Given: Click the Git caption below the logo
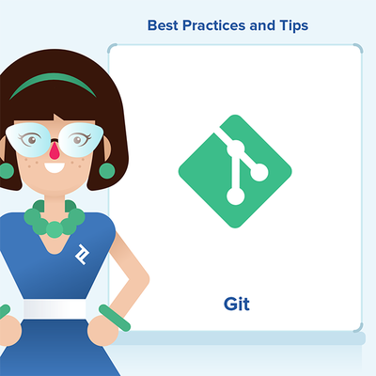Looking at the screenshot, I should point(235,305).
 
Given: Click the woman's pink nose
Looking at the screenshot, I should point(55,149).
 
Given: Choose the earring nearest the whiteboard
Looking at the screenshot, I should point(106,170).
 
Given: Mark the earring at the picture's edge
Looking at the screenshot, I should point(6,172).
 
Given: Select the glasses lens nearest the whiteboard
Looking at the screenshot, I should point(84,138).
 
